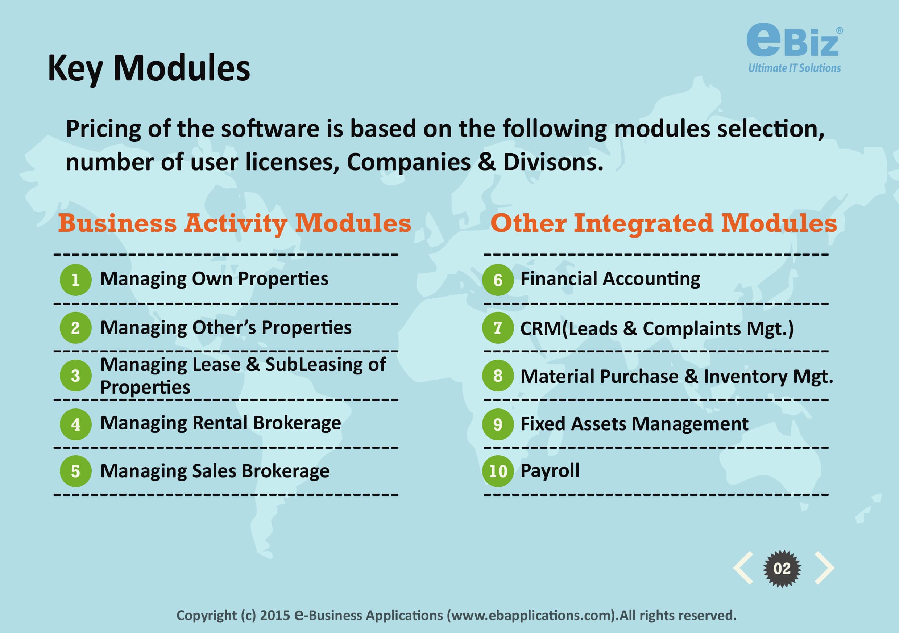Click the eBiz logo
click(x=795, y=48)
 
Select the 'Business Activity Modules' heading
click(x=235, y=223)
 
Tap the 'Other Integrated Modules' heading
click(x=664, y=223)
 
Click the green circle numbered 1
click(x=75, y=280)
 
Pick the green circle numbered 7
click(x=498, y=328)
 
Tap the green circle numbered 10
click(x=498, y=471)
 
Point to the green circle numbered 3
click(x=75, y=376)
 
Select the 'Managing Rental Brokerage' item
click(x=221, y=423)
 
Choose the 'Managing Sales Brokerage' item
click(x=215, y=471)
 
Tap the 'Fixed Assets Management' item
click(x=634, y=424)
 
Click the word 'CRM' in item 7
click(x=541, y=328)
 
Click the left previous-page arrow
click(x=743, y=568)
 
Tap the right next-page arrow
click(x=825, y=568)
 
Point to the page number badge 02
click(x=782, y=569)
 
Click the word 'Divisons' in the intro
click(x=553, y=162)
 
